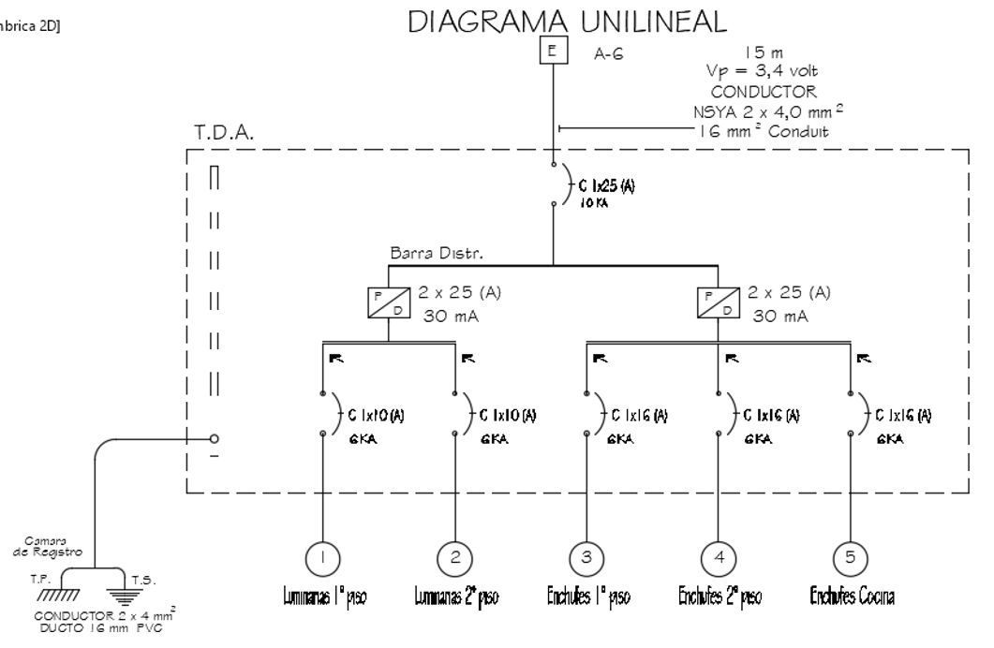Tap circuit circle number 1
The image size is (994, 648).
(x=322, y=558)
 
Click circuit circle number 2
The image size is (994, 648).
(x=455, y=558)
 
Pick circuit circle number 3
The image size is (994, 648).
(x=586, y=558)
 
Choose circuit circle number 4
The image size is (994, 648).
(x=719, y=558)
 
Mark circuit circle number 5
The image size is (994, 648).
(x=850, y=558)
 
